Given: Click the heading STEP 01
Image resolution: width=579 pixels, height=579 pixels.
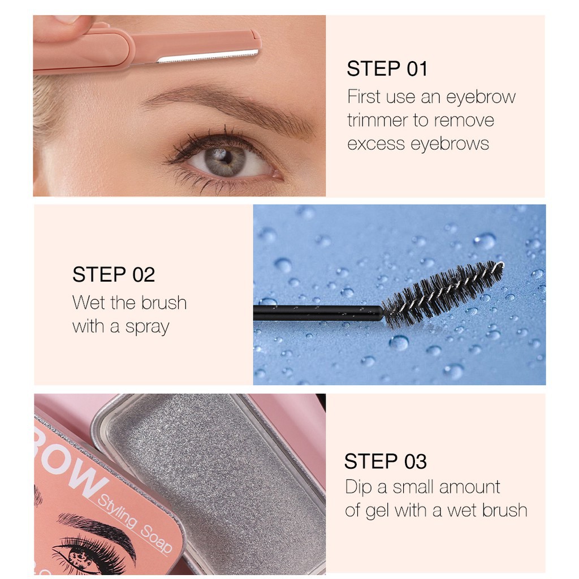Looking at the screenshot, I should tap(387, 69).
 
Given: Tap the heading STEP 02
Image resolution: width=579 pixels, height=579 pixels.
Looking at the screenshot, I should tap(113, 275).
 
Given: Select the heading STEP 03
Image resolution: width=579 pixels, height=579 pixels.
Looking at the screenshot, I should tap(385, 461).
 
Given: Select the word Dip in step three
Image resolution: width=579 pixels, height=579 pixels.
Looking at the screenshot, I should tap(358, 487).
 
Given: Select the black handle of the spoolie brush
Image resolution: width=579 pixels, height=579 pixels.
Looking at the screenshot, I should tap(317, 313).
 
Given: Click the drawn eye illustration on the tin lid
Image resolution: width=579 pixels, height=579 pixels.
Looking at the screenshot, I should tap(79, 551).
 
